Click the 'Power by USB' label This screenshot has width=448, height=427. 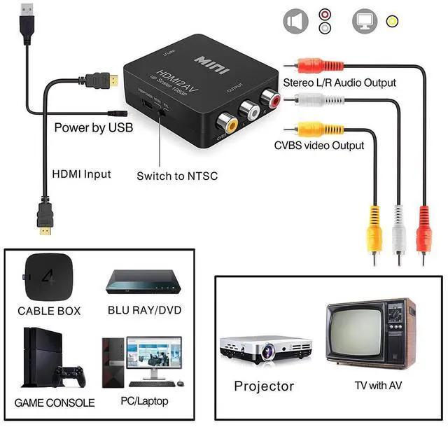(93, 128)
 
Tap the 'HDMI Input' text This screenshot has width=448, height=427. (82, 174)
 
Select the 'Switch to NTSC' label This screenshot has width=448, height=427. (177, 175)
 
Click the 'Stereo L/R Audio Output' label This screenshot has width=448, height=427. (339, 83)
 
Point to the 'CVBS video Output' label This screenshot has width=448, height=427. (319, 146)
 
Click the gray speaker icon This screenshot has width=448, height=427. (295, 21)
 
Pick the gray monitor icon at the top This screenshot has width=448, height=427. (365, 21)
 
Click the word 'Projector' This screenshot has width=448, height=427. (264, 386)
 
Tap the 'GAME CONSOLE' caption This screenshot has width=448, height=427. (55, 403)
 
